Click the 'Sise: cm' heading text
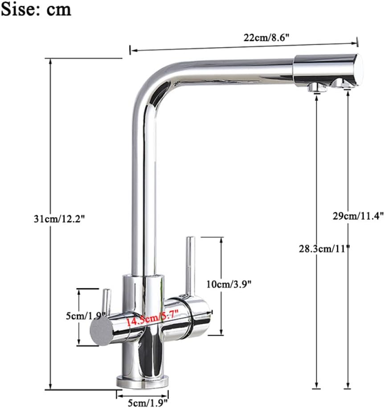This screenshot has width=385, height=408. pyautogui.click(x=36, y=9)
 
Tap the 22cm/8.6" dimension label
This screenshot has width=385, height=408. pyautogui.click(x=266, y=38)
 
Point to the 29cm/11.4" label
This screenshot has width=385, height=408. pyautogui.click(x=358, y=216)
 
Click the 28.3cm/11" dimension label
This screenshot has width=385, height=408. pyautogui.click(x=324, y=248)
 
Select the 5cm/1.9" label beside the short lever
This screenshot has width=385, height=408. pyautogui.click(x=84, y=315)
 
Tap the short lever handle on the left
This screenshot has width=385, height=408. pyautogui.click(x=106, y=302)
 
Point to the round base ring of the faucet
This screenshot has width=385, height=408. pyautogui.click(x=143, y=381)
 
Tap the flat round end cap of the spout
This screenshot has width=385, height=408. pyautogui.click(x=359, y=69)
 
